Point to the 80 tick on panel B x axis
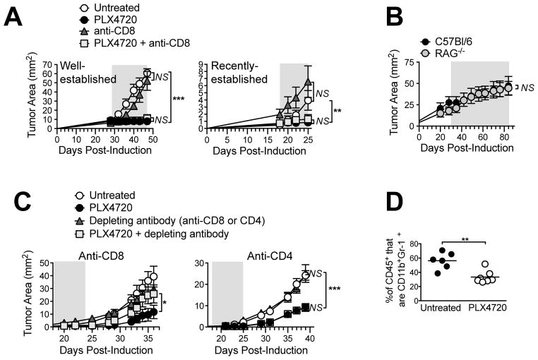[506, 137]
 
